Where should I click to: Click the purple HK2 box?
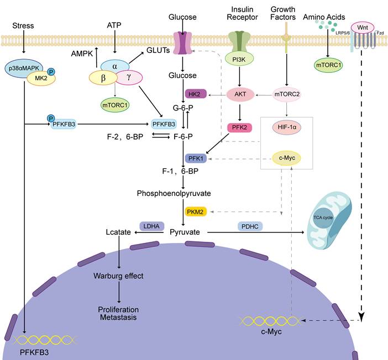(x=195, y=94)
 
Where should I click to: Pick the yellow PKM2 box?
(x=195, y=211)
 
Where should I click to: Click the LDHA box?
(x=150, y=226)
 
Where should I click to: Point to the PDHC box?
(x=250, y=226)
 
